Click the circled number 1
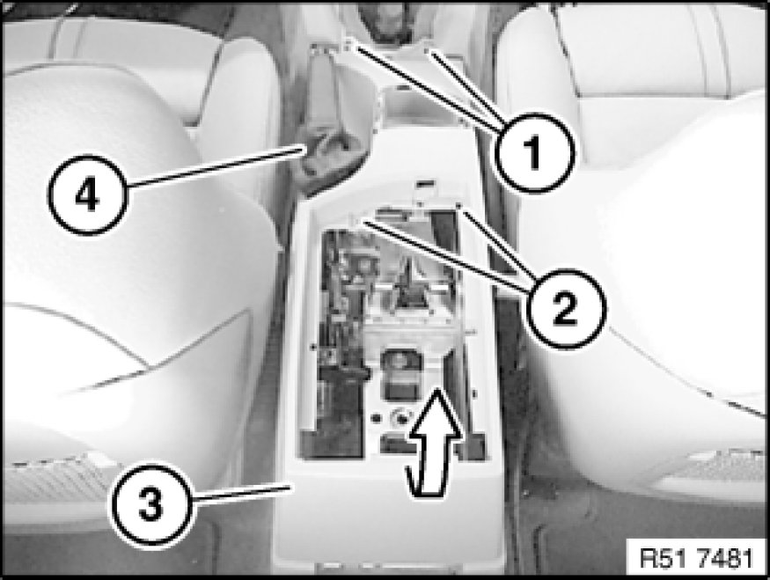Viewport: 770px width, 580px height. (x=534, y=151)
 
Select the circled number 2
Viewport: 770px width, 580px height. (x=566, y=309)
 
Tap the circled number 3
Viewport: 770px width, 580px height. (x=150, y=505)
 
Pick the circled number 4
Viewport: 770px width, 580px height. (x=88, y=195)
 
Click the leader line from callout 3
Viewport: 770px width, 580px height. (x=240, y=493)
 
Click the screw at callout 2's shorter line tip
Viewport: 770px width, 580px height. (x=458, y=206)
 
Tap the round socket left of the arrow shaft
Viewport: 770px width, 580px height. (x=400, y=418)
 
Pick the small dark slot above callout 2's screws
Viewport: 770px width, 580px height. (x=426, y=184)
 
